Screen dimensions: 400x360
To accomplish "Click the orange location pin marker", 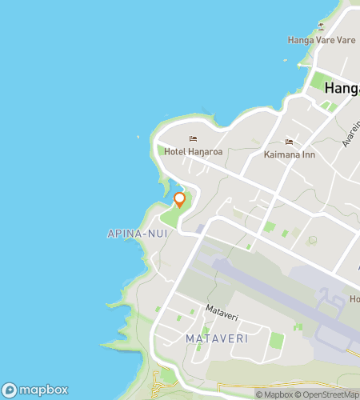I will coord(180,199).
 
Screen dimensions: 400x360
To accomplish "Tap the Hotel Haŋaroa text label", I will coord(192,150).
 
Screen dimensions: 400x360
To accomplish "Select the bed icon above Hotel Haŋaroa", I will coord(192,137).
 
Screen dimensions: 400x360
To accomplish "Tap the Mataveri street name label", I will coord(222,309).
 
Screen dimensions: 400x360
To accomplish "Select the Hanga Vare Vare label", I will coord(322,39).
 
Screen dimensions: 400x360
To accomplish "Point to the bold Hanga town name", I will coord(342,90).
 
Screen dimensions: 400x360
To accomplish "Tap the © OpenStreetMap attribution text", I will coord(329,394).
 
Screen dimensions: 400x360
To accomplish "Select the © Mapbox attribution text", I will coord(274,394).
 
